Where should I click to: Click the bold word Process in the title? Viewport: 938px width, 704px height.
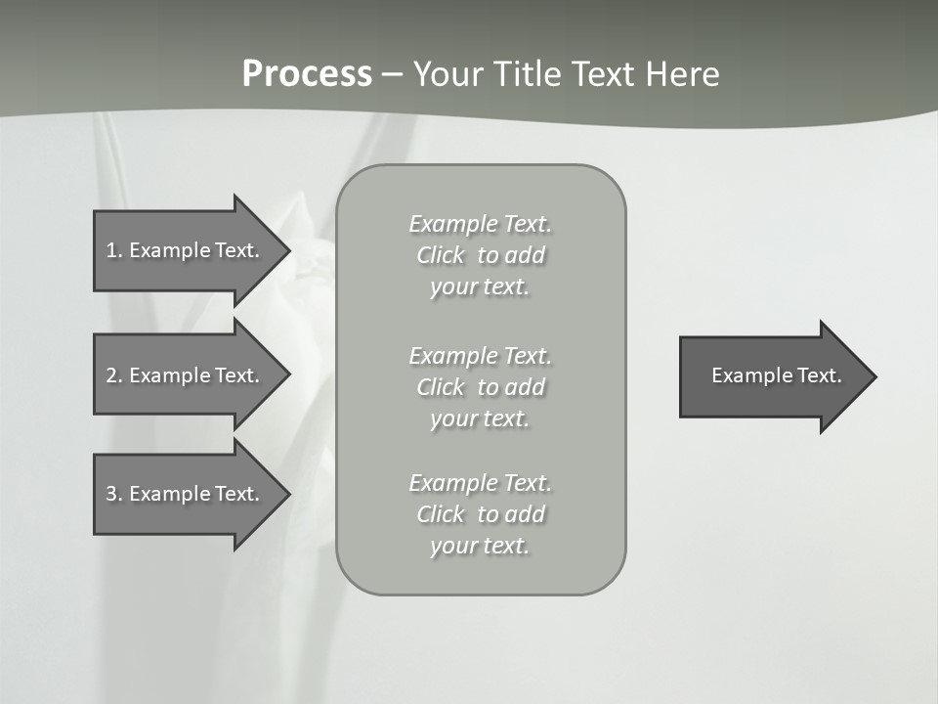307,74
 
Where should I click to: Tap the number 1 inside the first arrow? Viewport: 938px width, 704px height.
111,250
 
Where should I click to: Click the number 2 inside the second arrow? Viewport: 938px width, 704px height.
111,375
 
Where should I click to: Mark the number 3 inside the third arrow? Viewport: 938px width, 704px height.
111,494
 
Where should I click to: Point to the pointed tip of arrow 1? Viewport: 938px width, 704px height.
286,250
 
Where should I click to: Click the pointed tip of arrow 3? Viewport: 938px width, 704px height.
286,494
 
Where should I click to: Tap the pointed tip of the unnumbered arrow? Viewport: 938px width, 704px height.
873,376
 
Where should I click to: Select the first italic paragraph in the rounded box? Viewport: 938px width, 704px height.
480,255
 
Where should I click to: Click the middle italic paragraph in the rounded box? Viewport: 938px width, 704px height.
480,387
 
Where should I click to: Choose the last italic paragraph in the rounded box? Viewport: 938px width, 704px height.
480,514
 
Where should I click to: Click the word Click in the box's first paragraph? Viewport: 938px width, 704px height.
441,255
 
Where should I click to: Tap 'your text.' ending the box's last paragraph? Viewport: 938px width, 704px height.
480,546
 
